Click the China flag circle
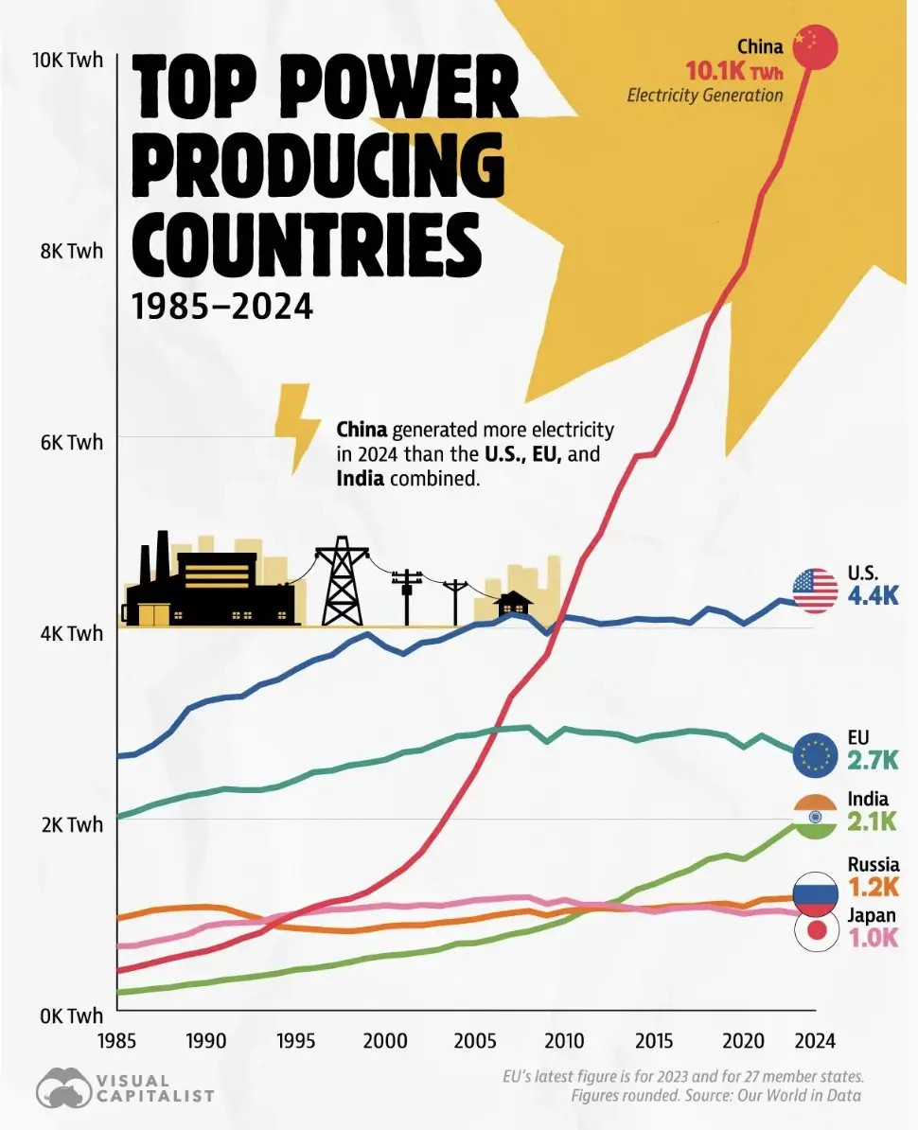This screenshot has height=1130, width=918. pyautogui.click(x=815, y=47)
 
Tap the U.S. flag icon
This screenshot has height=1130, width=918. pyautogui.click(x=815, y=591)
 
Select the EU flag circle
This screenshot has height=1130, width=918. pyautogui.click(x=815, y=756)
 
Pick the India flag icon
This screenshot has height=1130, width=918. pyautogui.click(x=815, y=817)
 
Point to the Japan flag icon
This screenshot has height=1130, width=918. pyautogui.click(x=816, y=931)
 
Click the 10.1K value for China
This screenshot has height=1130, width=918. pyautogui.click(x=715, y=71)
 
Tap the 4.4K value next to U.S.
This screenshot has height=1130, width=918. pyautogui.click(x=873, y=596)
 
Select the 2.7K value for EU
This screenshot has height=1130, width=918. pyautogui.click(x=873, y=760)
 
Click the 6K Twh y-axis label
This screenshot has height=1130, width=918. pyautogui.click(x=71, y=442)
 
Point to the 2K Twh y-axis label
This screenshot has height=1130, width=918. pyautogui.click(x=71, y=823)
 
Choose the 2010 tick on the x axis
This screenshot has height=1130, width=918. pyautogui.click(x=564, y=1041)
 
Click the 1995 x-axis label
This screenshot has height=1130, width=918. pyautogui.click(x=295, y=1041)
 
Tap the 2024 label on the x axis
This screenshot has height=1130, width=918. pyautogui.click(x=815, y=1041)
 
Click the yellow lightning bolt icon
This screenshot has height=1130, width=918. pyautogui.click(x=296, y=429)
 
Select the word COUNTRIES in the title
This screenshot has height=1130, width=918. pyautogui.click(x=307, y=241)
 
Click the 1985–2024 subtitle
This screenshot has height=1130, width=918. pyautogui.click(x=222, y=307)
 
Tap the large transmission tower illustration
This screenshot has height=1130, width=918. pyautogui.click(x=343, y=581)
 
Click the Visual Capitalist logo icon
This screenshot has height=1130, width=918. pyautogui.click(x=63, y=1086)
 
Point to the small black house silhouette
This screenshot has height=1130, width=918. pyautogui.click(x=514, y=606)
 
